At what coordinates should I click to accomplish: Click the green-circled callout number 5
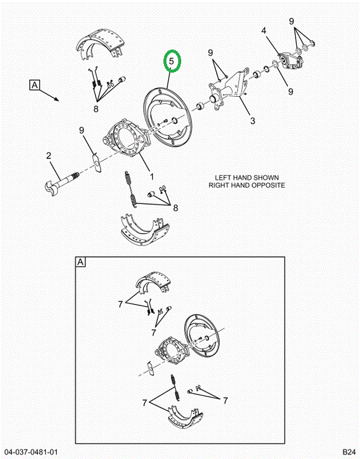click(171, 61)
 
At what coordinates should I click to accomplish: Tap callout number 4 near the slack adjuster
click(264, 31)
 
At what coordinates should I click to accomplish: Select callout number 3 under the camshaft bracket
click(252, 120)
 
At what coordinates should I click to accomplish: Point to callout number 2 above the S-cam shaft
click(48, 156)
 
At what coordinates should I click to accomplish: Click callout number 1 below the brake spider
click(152, 177)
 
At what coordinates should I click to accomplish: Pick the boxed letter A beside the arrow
click(35, 85)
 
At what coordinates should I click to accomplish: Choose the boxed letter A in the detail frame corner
click(80, 262)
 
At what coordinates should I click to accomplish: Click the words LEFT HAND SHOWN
click(247, 178)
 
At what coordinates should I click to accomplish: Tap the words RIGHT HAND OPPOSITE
click(247, 186)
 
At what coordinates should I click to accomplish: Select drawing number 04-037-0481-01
click(31, 452)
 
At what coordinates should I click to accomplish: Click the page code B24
click(349, 452)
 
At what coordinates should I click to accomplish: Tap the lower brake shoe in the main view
click(145, 230)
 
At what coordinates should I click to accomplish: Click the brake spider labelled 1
click(126, 137)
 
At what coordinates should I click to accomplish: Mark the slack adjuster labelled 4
click(291, 61)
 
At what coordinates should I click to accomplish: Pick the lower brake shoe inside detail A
click(185, 418)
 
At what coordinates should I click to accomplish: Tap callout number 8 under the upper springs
click(96, 109)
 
